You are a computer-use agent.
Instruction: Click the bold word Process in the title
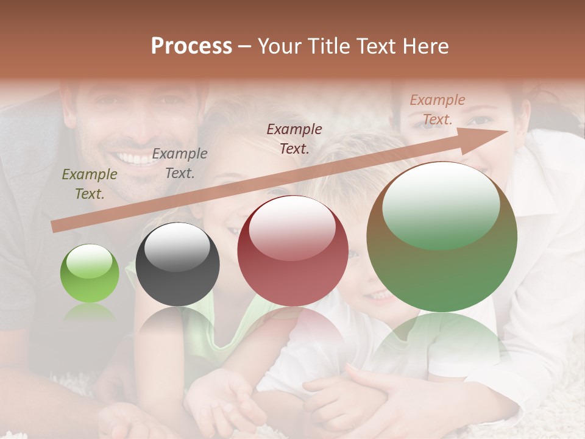(191, 46)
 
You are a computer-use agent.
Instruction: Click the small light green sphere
(90, 273)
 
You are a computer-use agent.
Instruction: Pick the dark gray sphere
(177, 264)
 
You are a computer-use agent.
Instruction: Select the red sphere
(292, 251)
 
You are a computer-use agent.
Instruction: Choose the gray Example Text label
(180, 163)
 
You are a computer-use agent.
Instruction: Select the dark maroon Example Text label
(294, 138)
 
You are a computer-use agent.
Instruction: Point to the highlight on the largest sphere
(441, 204)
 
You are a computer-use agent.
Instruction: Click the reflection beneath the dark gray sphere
(177, 329)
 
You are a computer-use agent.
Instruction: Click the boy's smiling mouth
(381, 296)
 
